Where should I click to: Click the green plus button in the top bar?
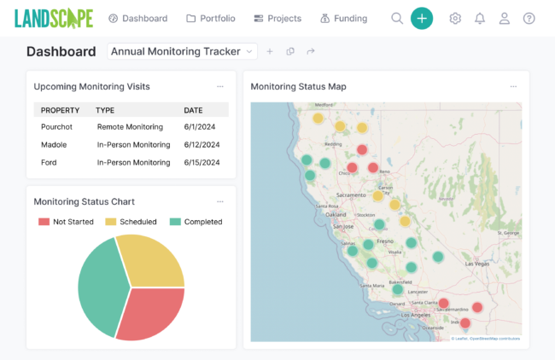point(422,18)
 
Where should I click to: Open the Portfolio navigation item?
point(211,18)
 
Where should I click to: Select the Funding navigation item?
point(343,18)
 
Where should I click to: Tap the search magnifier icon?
point(397,18)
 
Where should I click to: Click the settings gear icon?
point(455,18)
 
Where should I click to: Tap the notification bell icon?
point(480,18)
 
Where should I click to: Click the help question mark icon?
point(529,18)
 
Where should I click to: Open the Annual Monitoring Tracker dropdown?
point(183,51)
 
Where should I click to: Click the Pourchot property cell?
point(57,127)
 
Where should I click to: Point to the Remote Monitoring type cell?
point(131,127)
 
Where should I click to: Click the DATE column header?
point(193,110)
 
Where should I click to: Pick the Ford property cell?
point(50,162)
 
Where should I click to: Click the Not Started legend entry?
point(66,222)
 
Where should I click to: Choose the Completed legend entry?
point(196,222)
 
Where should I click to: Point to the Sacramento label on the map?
point(341,195)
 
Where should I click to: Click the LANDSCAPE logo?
point(54,18)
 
